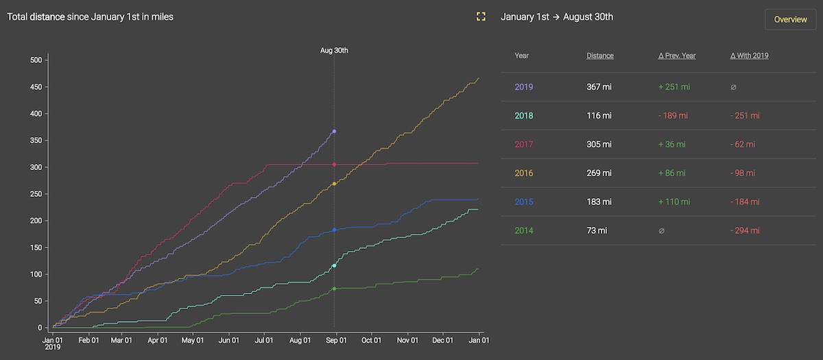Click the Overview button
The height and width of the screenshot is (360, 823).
[x=790, y=19]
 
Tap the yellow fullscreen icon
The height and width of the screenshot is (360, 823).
[x=481, y=16]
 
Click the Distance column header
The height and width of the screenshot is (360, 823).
[x=600, y=56]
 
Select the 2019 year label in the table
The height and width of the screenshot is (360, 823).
[x=524, y=87]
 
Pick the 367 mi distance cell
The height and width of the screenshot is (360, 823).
[x=599, y=87]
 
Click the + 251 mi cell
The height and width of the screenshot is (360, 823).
[x=673, y=87]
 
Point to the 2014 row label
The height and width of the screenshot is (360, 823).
[x=524, y=231]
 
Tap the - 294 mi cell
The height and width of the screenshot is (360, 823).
[x=746, y=231]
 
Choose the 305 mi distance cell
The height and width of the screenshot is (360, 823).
[x=599, y=145]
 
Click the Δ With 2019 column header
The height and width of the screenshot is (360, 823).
[x=749, y=56]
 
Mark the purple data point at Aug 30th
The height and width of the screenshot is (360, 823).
[x=334, y=131]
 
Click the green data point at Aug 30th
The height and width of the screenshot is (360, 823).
[x=334, y=289]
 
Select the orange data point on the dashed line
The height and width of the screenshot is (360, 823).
[x=334, y=184]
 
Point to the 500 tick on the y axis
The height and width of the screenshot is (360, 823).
[x=36, y=60]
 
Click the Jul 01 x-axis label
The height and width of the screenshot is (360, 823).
[x=264, y=339]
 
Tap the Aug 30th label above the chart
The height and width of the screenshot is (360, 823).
[x=334, y=50]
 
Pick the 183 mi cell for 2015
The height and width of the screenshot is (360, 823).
[x=599, y=202]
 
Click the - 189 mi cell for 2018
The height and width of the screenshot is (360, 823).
[x=673, y=116]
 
